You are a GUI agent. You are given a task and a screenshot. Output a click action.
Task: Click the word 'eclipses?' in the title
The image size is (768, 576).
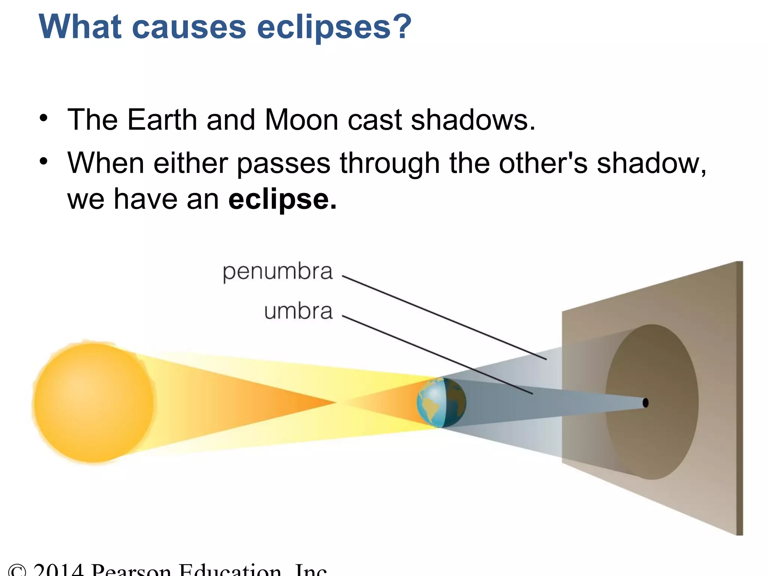tap(334, 27)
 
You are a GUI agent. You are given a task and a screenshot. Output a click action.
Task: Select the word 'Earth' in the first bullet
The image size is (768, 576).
tap(162, 120)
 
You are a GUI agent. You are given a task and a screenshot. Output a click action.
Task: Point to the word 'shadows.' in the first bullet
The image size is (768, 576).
tap(473, 120)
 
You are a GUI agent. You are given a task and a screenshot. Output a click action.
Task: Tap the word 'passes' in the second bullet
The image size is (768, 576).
tap(283, 163)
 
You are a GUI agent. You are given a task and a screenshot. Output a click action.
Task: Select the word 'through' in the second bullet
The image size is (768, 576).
tap(390, 163)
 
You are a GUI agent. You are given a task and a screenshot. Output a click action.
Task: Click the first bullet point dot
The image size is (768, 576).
tap(44, 118)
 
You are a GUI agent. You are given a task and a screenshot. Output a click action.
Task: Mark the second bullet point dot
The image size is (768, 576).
tap(44, 161)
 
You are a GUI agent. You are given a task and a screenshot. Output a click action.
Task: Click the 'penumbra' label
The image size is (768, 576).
tap(277, 271)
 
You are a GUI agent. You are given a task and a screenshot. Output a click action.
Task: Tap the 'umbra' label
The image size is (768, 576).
tap(298, 311)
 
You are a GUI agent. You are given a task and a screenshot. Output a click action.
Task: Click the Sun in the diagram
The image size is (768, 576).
tap(94, 403)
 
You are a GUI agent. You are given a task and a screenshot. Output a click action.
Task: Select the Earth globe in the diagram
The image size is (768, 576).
tap(441, 403)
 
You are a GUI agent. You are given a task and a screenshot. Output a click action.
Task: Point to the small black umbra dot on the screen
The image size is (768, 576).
tap(645, 403)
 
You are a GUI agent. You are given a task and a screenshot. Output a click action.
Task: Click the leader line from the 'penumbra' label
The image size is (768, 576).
tap(442, 317)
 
